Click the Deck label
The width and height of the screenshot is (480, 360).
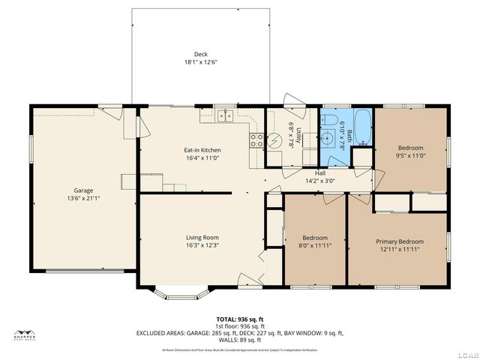coord(200,54)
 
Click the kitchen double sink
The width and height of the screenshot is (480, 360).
coord(223,115)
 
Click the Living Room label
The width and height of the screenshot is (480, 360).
coord(202,238)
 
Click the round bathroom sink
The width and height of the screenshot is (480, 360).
coord(328,138)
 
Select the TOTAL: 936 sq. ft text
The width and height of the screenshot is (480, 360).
coord(239,319)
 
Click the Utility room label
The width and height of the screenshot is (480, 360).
coord(298,136)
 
